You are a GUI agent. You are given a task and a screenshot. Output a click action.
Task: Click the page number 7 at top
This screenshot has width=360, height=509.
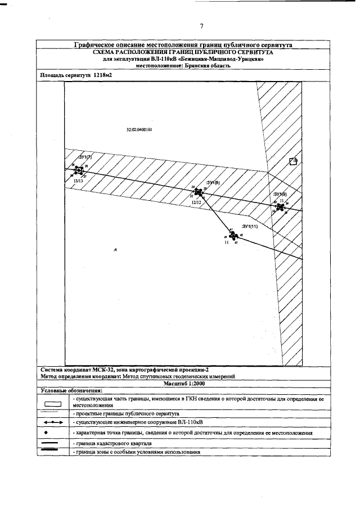click(201, 26)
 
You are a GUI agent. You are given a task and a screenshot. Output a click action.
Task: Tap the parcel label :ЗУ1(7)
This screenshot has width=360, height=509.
click(84, 157)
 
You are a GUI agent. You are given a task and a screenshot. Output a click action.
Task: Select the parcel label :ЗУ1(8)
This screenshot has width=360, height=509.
click(213, 183)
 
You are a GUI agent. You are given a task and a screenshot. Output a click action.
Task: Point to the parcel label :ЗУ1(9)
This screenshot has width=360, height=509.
click(280, 194)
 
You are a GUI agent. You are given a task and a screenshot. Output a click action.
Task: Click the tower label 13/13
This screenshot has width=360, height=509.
click(78, 181)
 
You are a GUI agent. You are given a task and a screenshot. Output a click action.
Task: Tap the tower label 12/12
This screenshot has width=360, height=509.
click(196, 202)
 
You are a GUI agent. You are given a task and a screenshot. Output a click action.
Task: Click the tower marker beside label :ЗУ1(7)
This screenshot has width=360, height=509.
click(79, 169)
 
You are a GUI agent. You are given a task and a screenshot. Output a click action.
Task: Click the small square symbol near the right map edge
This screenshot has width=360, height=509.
click(292, 161)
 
